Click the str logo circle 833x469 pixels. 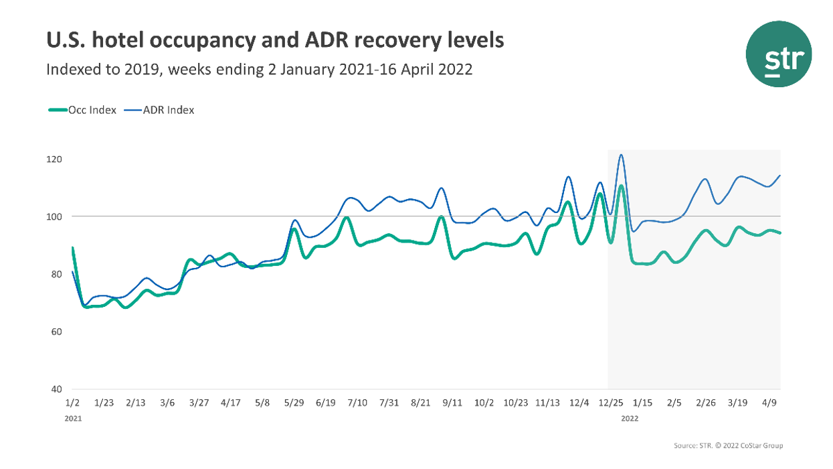pos(778,54)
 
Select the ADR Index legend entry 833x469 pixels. pos(167,111)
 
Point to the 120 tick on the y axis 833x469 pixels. pos(55,159)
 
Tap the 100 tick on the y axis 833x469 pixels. pos(55,216)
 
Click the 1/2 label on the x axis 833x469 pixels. pos(72,403)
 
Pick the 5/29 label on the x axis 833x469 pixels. pos(295,403)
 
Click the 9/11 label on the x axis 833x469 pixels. pos(452,403)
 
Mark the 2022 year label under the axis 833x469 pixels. pos(630,419)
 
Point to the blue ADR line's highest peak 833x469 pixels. pos(621,155)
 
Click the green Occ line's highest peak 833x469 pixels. pos(621,186)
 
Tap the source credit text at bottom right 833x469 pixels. pos(728,446)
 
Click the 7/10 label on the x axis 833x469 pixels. pos(358,403)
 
